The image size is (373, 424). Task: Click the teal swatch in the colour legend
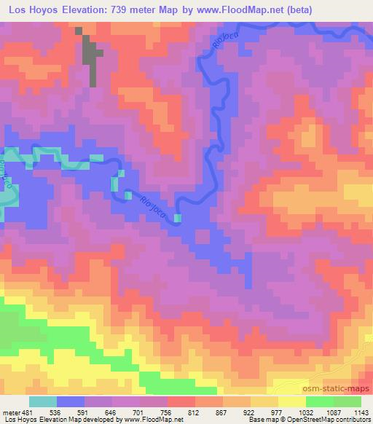44,401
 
